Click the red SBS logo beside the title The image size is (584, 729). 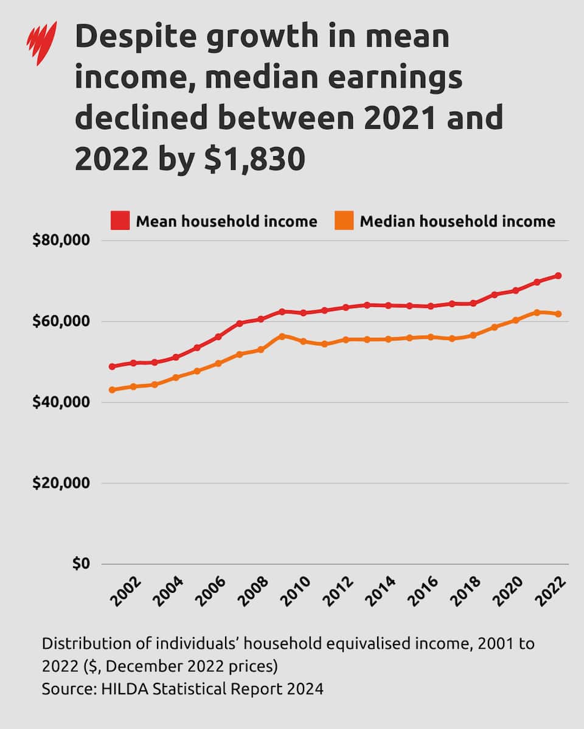(x=41, y=43)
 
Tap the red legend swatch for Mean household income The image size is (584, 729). (x=120, y=221)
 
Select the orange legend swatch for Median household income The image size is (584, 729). (x=344, y=221)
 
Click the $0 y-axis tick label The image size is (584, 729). (x=81, y=564)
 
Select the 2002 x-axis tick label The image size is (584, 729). (x=126, y=591)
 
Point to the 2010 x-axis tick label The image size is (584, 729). (x=296, y=591)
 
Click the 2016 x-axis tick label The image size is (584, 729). (x=423, y=591)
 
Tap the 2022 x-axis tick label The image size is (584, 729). (x=551, y=591)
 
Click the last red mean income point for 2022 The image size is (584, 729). (x=558, y=276)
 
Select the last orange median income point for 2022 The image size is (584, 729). (x=558, y=314)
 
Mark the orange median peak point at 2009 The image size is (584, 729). (x=282, y=336)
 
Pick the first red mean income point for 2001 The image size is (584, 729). (x=112, y=367)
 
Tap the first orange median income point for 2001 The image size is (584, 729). (x=112, y=390)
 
